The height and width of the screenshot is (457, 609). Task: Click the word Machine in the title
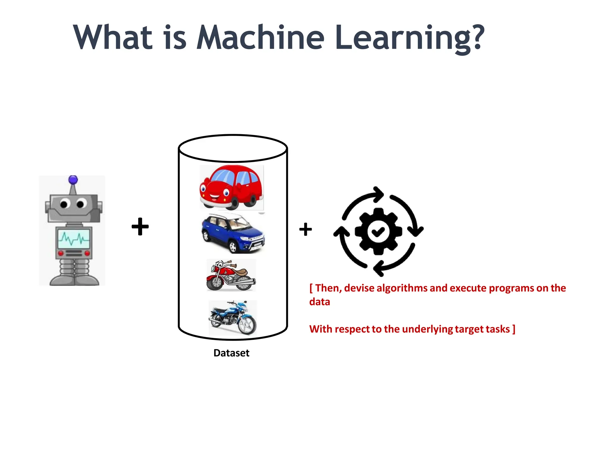pos(260,38)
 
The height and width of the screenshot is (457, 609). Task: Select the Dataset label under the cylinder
pos(231,353)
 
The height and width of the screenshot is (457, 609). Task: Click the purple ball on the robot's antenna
pos(73,180)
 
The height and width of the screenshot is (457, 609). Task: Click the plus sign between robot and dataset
pos(140,227)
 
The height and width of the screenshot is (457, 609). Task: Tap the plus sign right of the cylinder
pos(305,229)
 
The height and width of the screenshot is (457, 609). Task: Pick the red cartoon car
pos(231,187)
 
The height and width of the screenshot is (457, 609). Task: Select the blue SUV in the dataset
pos(233,233)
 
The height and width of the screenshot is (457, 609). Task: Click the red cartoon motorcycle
pos(231,275)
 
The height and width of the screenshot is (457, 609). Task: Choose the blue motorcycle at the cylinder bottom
pos(233,318)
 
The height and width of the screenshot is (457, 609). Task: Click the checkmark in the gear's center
pos(378,231)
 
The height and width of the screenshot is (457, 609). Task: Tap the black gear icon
pos(378,231)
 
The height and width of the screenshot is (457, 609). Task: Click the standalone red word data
pos(320,302)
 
